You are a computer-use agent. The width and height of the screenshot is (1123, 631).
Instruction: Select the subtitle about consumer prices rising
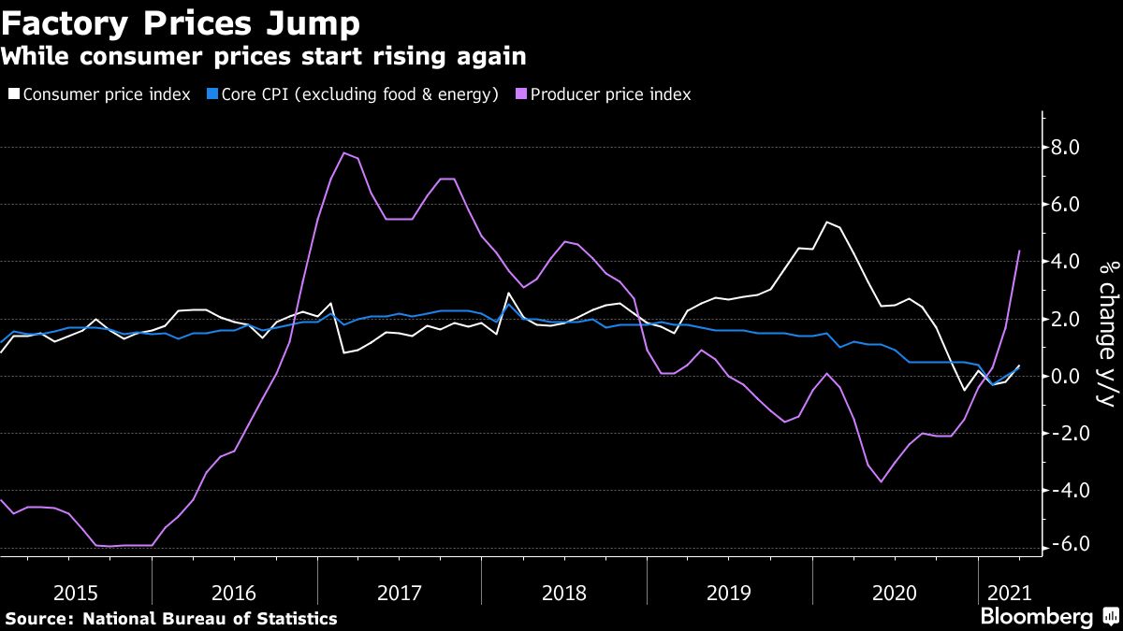pyautogui.click(x=263, y=57)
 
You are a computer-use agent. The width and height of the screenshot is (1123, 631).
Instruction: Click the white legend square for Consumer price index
pyautogui.click(x=14, y=94)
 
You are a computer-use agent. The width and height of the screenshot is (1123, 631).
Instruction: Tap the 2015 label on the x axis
pyautogui.click(x=76, y=593)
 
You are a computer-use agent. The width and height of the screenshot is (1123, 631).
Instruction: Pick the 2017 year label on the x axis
pyautogui.click(x=401, y=593)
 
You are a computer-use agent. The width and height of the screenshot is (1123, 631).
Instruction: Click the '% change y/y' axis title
pyautogui.click(x=1106, y=333)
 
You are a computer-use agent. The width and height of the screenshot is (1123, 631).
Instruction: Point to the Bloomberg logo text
pyautogui.click(x=1036, y=617)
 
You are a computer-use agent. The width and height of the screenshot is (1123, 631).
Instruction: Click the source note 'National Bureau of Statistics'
pyautogui.click(x=210, y=618)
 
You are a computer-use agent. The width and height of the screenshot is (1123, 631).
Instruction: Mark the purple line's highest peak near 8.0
pyautogui.click(x=344, y=152)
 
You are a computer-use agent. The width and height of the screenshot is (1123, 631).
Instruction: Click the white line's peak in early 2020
pyautogui.click(x=826, y=222)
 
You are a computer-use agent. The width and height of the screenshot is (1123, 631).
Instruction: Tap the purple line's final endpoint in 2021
pyautogui.click(x=1019, y=251)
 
